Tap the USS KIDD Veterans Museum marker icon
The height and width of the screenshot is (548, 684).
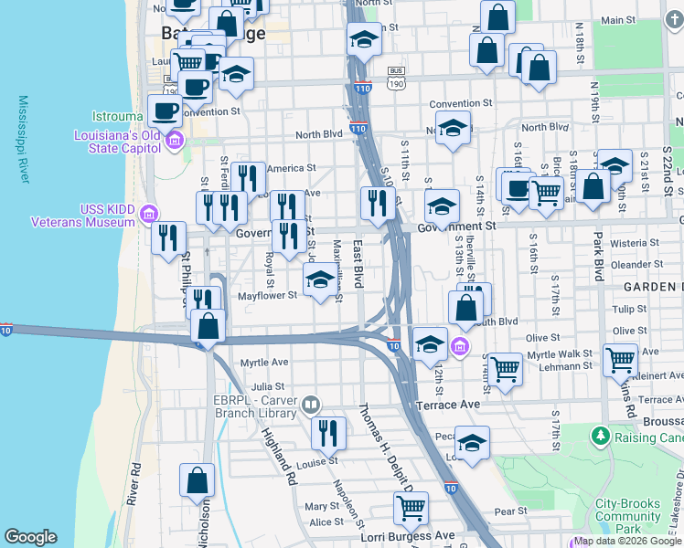click(x=149, y=216)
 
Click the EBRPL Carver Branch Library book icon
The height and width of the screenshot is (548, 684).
click(x=311, y=404)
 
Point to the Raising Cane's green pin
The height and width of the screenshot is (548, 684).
click(x=600, y=435)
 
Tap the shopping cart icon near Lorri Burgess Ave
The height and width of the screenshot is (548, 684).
click(x=411, y=509)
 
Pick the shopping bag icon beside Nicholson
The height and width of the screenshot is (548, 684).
click(x=197, y=481)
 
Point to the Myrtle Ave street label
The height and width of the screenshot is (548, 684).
click(x=264, y=363)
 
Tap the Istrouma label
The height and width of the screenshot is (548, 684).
click(x=116, y=117)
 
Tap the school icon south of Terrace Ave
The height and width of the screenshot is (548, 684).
click(x=472, y=444)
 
